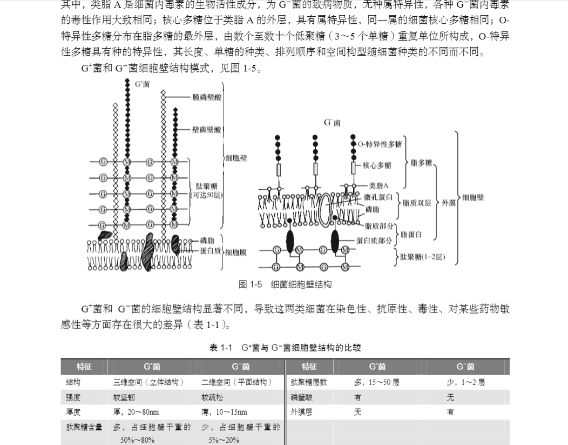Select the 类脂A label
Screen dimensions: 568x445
click(x=378, y=185)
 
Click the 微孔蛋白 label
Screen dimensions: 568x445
click(x=381, y=197)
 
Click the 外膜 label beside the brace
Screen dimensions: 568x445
click(x=449, y=203)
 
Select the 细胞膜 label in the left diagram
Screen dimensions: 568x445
click(x=235, y=252)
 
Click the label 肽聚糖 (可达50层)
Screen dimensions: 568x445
click(x=206, y=190)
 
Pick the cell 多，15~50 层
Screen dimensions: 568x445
click(x=377, y=382)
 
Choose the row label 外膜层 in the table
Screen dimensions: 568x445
click(x=301, y=412)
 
